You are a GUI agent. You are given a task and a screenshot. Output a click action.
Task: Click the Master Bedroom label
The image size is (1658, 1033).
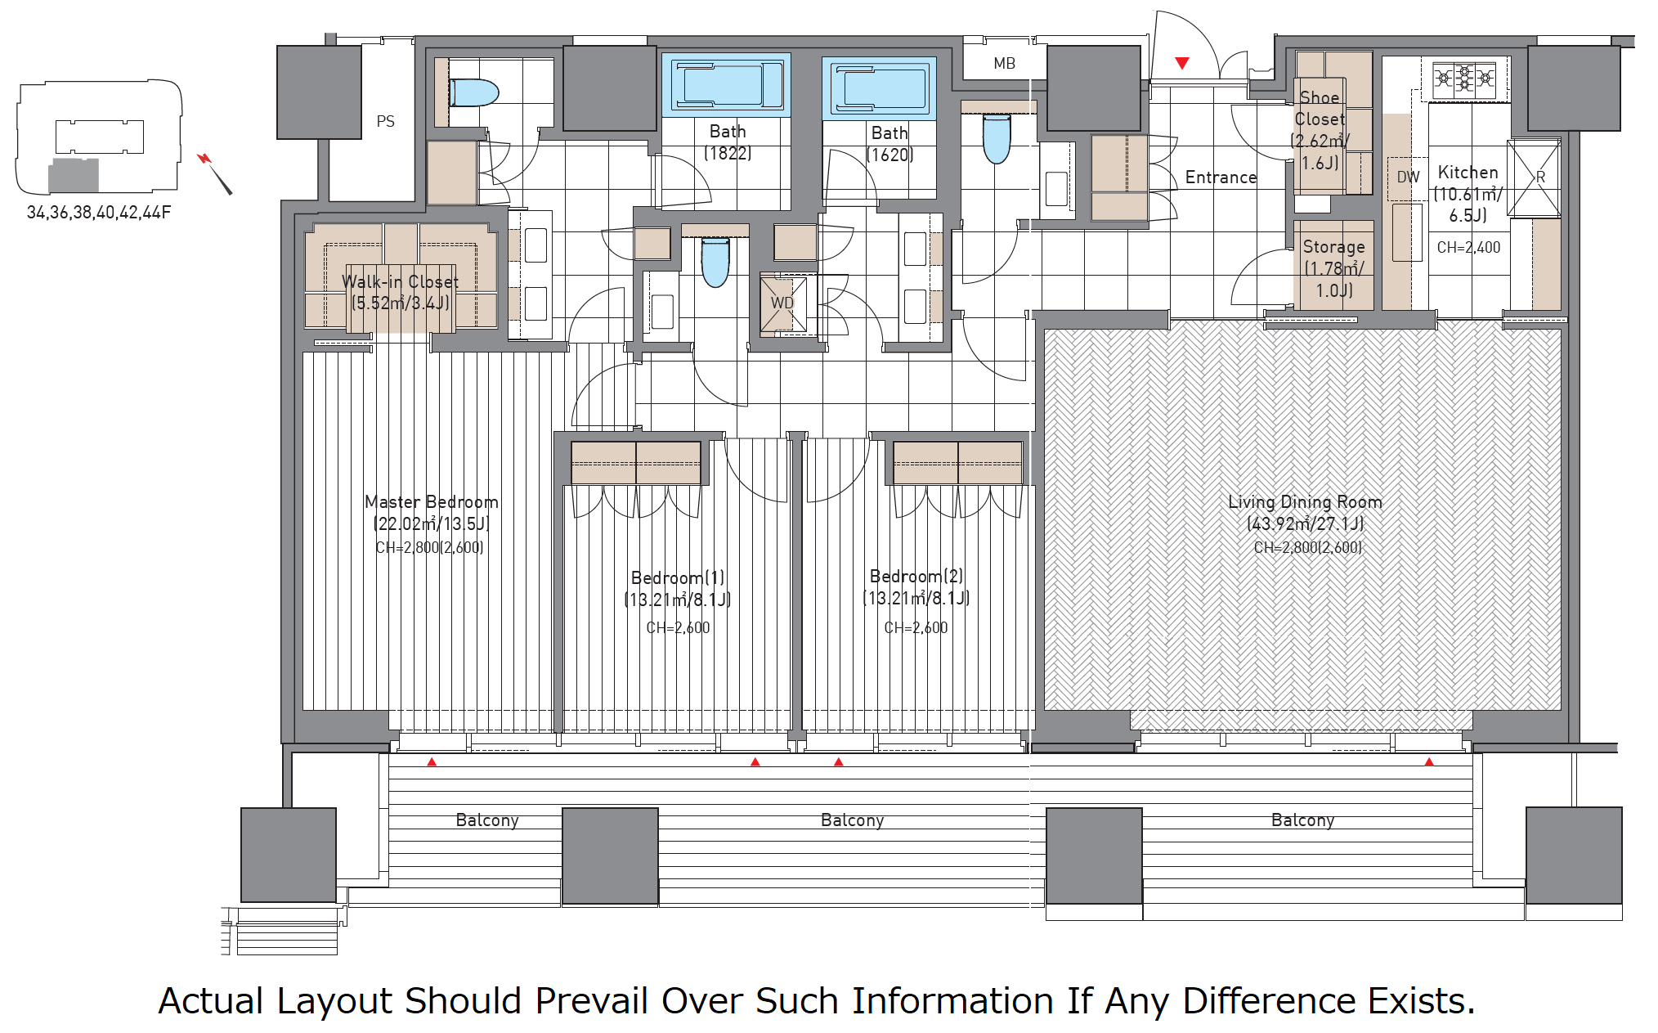click(x=431, y=502)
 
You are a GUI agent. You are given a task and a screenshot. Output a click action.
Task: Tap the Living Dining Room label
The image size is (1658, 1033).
click(x=1305, y=502)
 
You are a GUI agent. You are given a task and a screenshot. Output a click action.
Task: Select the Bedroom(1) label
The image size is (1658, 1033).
click(x=678, y=578)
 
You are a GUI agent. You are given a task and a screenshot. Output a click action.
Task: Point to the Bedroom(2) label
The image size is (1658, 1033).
click(x=916, y=577)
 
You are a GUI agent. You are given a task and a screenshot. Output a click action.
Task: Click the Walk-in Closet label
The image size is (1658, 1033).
click(x=400, y=282)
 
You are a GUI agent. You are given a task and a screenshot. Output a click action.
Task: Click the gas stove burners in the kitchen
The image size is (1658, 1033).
click(x=1464, y=79)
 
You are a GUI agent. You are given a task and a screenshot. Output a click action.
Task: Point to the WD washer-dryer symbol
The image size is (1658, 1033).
click(x=783, y=303)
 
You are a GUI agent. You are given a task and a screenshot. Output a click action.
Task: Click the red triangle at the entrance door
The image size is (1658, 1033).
click(x=1182, y=62)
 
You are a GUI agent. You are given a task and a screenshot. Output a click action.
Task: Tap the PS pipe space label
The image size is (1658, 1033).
click(x=385, y=122)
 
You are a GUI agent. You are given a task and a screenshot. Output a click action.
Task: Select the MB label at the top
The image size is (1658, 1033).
click(x=1004, y=64)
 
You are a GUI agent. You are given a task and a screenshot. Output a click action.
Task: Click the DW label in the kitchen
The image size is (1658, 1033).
click(x=1408, y=177)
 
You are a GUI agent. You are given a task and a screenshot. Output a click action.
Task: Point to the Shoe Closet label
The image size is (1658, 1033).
click(x=1320, y=108)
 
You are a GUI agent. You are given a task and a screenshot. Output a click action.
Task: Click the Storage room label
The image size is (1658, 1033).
click(x=1333, y=247)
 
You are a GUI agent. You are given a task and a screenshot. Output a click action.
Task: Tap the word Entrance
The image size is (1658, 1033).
click(x=1221, y=177)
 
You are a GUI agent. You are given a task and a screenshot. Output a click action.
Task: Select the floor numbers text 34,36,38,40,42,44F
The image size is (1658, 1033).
click(x=99, y=213)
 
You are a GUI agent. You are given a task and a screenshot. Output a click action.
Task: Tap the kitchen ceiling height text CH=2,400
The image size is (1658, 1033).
click(x=1468, y=247)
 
